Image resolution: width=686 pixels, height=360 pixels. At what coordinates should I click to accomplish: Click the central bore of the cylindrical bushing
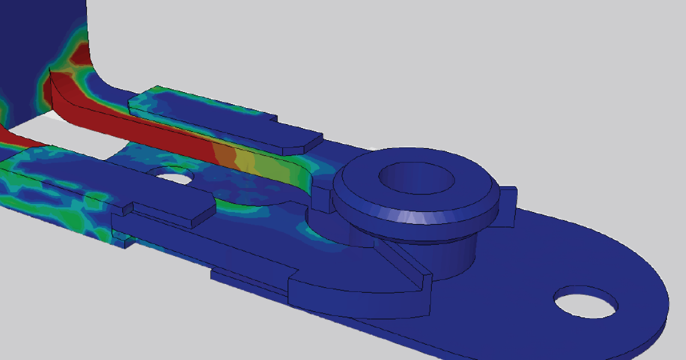click(416, 179)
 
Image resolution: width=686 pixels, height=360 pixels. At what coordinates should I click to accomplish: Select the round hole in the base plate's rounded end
click(587, 303)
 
